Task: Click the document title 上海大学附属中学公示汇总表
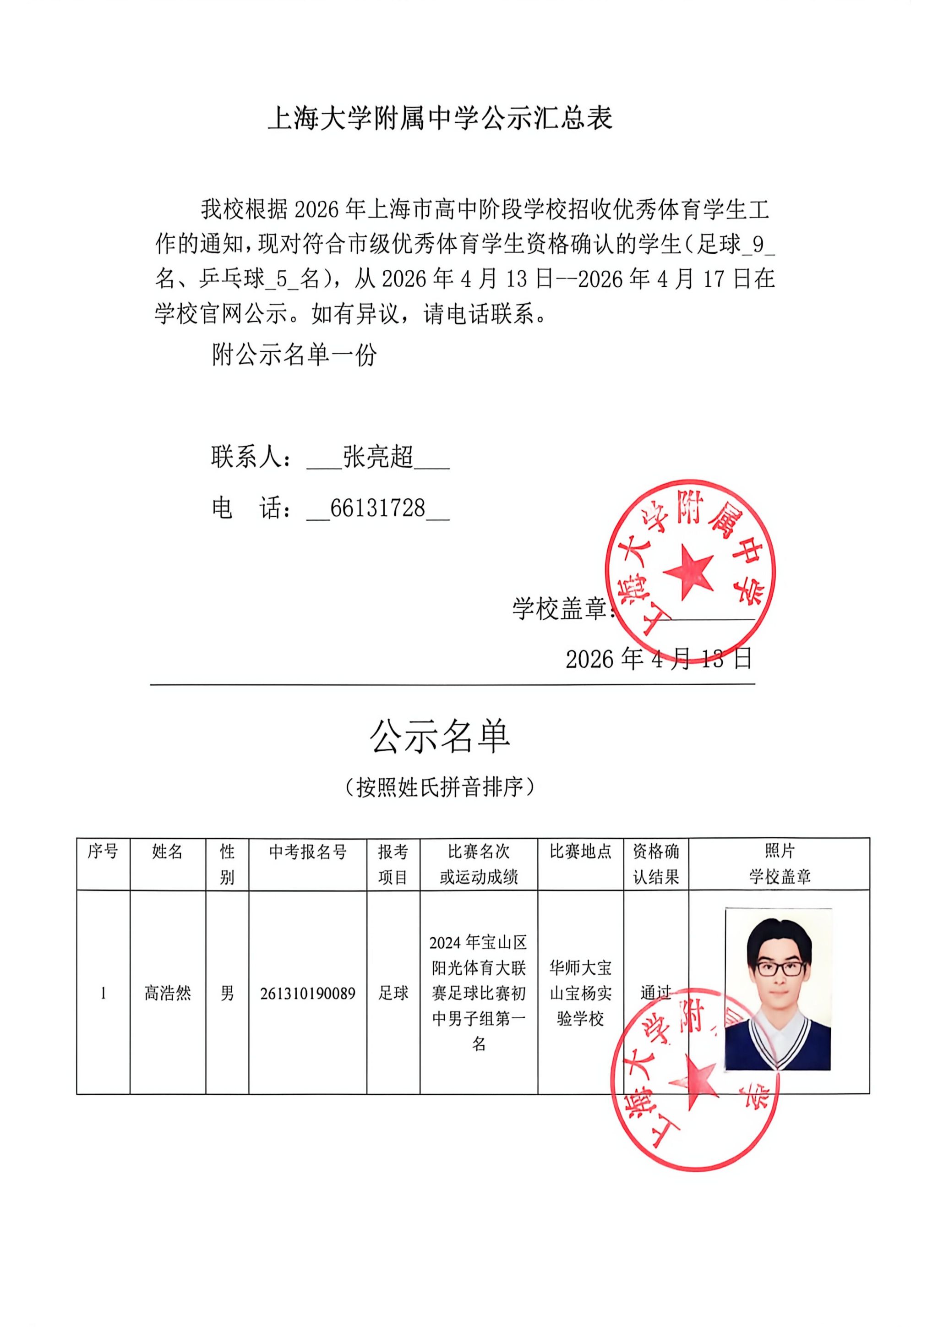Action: pyautogui.click(x=440, y=119)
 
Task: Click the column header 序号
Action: pyautogui.click(x=103, y=852)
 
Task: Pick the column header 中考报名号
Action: pyautogui.click(x=307, y=852)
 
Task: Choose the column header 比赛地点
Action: pyautogui.click(x=580, y=852)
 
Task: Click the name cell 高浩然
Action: pyautogui.click(x=168, y=993)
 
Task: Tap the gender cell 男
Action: pyautogui.click(x=227, y=993)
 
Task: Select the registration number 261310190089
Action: pyautogui.click(x=307, y=994)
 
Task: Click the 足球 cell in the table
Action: pyautogui.click(x=393, y=993)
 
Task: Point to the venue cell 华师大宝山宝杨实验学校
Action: pyautogui.click(x=580, y=993)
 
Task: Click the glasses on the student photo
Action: pyautogui.click(x=781, y=969)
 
